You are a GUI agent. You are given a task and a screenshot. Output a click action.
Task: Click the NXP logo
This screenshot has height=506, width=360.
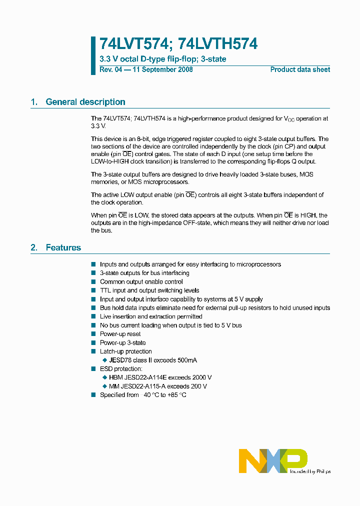pos(273,460)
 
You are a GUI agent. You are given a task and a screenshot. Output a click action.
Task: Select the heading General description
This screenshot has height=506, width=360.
pos(85,102)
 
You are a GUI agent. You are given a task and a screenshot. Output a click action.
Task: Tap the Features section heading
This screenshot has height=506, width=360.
pos(63,247)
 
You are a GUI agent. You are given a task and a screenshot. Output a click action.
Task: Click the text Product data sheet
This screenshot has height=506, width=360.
pos(300,69)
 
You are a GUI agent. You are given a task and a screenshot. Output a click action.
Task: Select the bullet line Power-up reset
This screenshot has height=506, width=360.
pos(120,334)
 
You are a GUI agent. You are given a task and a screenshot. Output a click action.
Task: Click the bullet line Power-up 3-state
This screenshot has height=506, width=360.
pos(122,342)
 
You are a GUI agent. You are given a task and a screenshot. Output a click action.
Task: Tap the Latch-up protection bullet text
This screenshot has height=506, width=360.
pos(125,351)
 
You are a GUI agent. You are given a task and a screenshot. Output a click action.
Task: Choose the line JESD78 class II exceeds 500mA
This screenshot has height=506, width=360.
pos(156,360)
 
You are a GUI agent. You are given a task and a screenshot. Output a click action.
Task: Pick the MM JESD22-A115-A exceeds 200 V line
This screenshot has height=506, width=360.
pos(157,386)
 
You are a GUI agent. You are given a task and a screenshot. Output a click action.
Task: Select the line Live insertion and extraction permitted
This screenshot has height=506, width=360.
pos(151,316)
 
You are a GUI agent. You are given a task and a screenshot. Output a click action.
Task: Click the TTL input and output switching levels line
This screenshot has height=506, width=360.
pos(149,290)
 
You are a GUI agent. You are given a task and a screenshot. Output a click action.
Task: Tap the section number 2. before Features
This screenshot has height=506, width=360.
pos(34,247)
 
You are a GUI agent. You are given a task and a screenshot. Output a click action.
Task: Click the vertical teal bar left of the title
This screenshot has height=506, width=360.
pos(93,55)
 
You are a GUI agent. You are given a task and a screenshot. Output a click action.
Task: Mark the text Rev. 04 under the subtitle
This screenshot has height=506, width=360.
pos(110,69)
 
